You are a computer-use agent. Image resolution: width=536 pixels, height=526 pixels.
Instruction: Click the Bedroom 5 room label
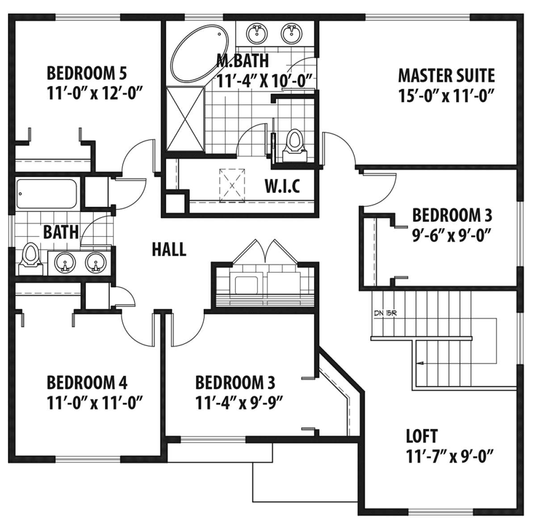[x=87, y=73]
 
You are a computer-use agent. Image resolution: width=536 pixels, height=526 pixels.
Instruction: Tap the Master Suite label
[x=447, y=75]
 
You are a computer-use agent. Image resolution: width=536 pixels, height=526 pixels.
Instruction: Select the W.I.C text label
[x=282, y=186]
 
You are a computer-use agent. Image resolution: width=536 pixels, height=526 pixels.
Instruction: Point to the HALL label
[x=169, y=249]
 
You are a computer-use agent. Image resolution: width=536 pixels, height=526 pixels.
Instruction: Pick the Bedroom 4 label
[x=87, y=383]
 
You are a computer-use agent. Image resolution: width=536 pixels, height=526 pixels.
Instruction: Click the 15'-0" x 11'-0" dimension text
[x=447, y=96]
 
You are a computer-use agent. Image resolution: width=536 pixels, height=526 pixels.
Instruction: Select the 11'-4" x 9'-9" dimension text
[x=239, y=403]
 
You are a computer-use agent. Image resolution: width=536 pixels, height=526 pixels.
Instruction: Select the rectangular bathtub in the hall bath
[x=46, y=194]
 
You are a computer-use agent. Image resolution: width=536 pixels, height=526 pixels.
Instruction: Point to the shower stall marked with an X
[x=185, y=119]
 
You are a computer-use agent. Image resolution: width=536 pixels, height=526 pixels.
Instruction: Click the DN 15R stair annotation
[x=385, y=313]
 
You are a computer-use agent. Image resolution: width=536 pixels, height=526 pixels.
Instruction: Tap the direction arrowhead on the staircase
[x=420, y=363]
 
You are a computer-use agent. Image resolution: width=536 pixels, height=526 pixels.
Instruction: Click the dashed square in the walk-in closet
[x=232, y=185]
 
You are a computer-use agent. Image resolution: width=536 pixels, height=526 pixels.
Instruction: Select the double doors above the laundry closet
[x=266, y=250]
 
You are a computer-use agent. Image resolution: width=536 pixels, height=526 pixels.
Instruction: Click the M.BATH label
[x=243, y=61]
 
